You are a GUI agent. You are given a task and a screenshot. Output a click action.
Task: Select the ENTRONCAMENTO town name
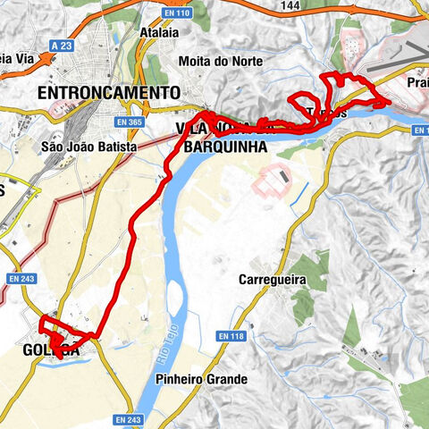(108, 93)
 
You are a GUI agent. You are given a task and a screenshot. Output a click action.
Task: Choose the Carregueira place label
(273, 280)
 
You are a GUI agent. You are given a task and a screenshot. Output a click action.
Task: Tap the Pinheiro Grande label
(200, 379)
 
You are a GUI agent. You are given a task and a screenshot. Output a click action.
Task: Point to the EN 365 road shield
(133, 122)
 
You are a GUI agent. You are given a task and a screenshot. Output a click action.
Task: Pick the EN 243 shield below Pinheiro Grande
(128, 419)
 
